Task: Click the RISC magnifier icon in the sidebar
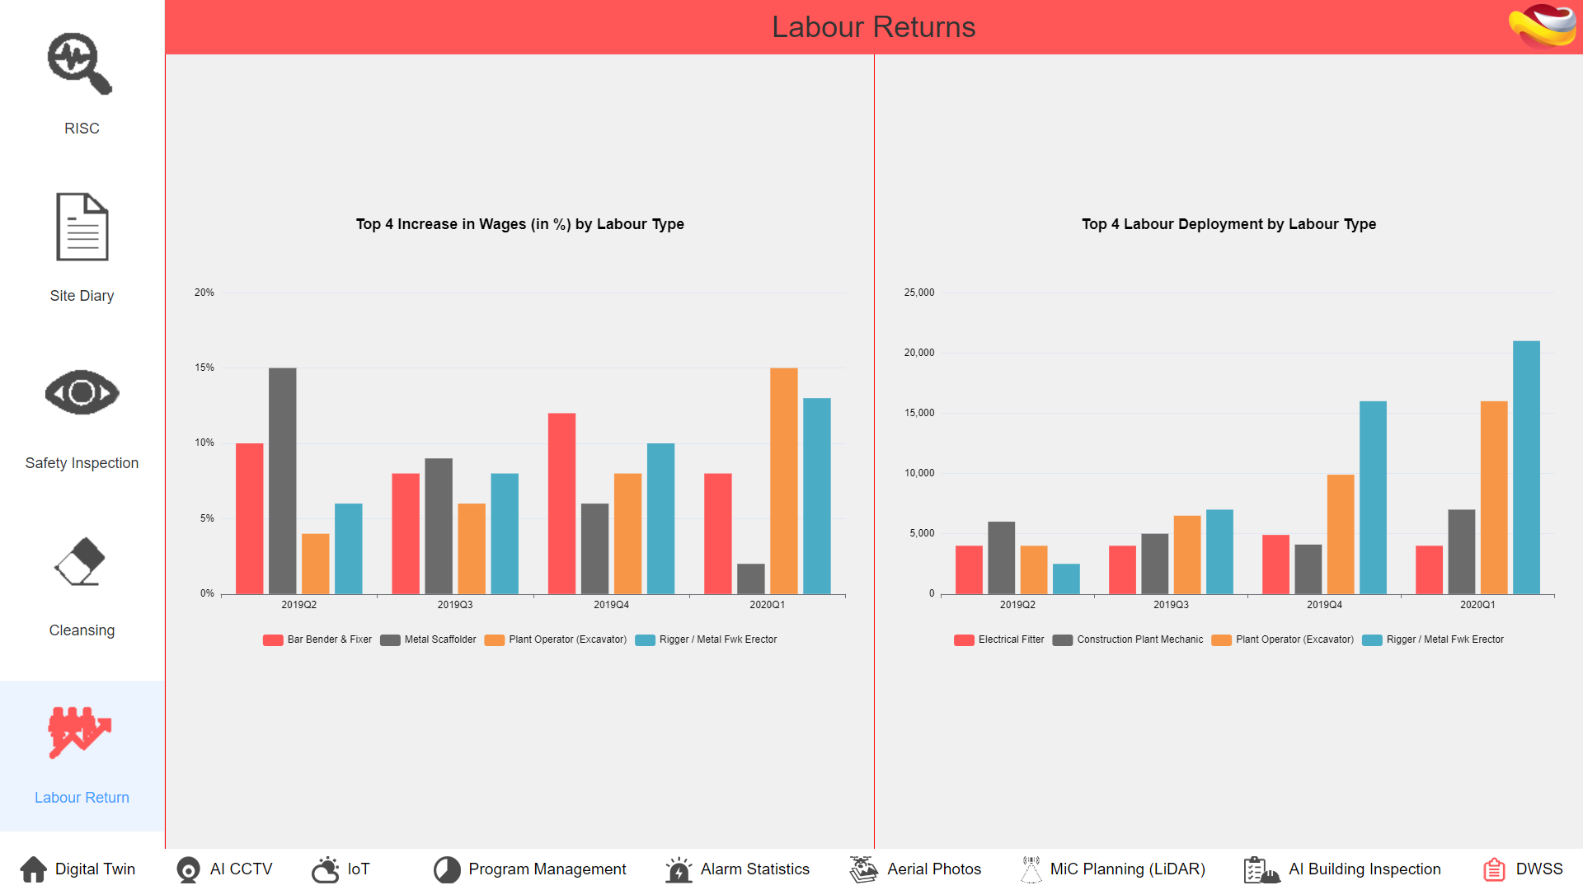(x=80, y=63)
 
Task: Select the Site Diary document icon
(x=82, y=227)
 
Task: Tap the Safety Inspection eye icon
(x=82, y=392)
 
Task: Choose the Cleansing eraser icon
(x=81, y=561)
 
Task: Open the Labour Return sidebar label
(x=82, y=798)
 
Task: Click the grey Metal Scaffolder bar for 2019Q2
(x=282, y=480)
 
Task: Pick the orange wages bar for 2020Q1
(x=783, y=480)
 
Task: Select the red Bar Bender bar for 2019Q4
(x=561, y=503)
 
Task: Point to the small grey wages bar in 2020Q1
(x=750, y=578)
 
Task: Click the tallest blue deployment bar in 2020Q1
(x=1526, y=467)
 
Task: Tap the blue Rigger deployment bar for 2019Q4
(x=1373, y=497)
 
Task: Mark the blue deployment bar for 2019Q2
(x=1066, y=578)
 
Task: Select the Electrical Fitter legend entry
(x=1000, y=639)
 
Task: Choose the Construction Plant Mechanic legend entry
(x=1129, y=639)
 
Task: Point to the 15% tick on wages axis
(x=204, y=368)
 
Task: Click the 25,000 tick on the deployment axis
(x=919, y=293)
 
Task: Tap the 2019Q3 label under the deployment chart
(x=1171, y=605)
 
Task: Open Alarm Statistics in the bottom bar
(x=739, y=869)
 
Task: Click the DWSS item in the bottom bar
(x=1524, y=869)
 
